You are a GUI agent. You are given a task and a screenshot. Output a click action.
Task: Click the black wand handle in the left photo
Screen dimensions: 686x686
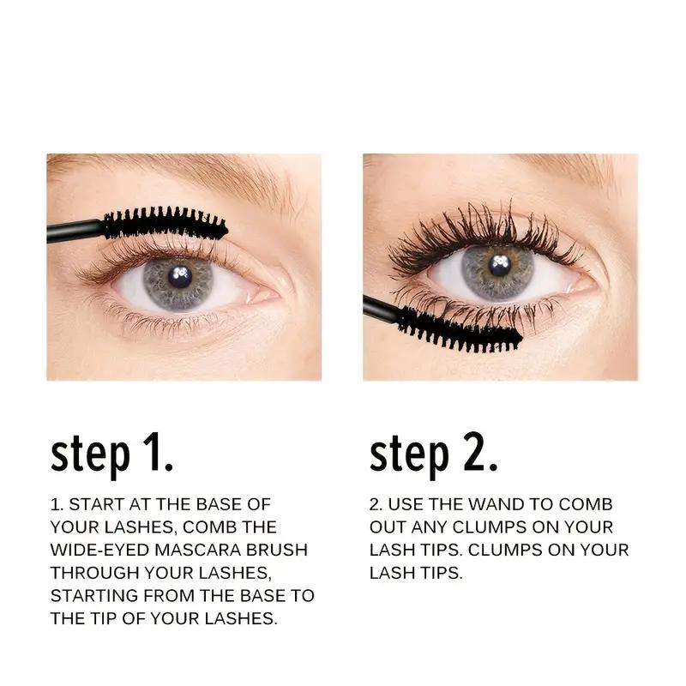(x=74, y=231)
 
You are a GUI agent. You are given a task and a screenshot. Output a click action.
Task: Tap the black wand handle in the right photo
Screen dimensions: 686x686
(x=381, y=309)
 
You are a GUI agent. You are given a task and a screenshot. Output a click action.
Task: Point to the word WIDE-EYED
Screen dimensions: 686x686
(x=95, y=549)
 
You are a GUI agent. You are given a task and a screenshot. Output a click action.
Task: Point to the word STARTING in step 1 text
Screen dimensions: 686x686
(x=93, y=595)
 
